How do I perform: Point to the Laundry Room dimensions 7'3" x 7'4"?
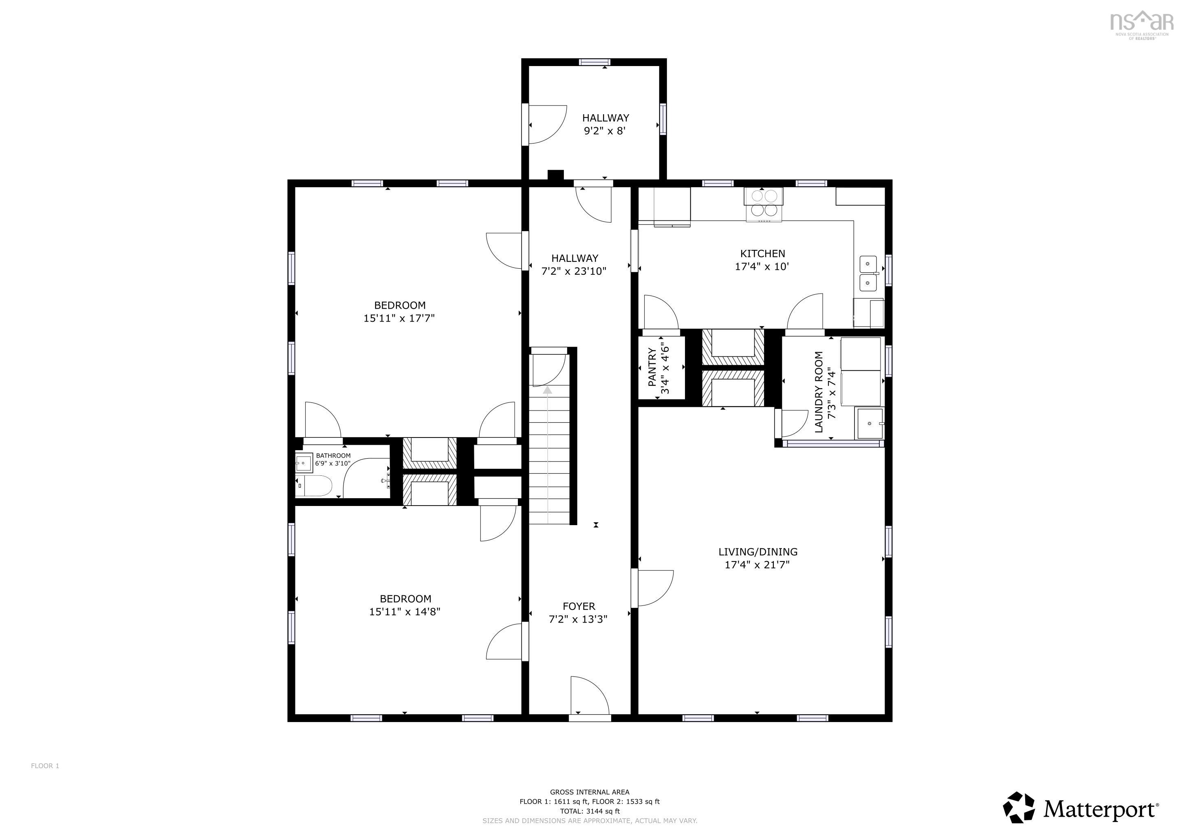(x=832, y=392)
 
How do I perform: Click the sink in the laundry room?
(x=869, y=424)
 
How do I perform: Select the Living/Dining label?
(x=757, y=552)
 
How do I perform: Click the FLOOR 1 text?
(x=45, y=766)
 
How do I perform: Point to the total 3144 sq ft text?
(x=590, y=811)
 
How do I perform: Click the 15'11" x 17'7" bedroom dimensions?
(x=399, y=318)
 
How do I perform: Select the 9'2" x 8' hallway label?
(x=605, y=130)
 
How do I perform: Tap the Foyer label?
(x=579, y=606)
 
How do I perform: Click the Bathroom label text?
(x=333, y=455)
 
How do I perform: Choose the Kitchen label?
(x=762, y=254)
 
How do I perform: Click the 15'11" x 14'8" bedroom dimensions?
(x=405, y=612)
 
